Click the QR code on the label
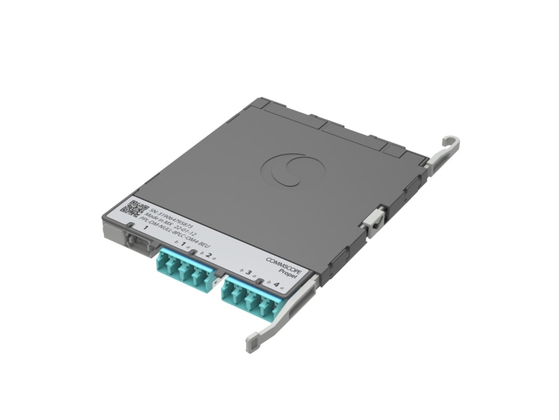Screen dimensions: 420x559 129,206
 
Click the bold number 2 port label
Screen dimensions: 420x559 209,255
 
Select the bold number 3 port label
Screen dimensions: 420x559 249,273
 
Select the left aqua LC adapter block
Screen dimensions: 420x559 182,269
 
